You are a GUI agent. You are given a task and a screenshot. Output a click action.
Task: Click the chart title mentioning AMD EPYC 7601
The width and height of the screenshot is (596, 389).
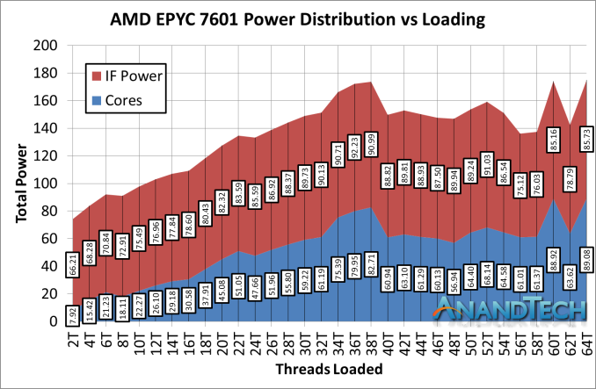point(298,18)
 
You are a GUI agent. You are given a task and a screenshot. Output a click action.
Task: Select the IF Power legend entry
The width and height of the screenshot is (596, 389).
point(127,76)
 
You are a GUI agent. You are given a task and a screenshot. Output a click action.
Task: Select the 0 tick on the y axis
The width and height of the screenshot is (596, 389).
point(50,322)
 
